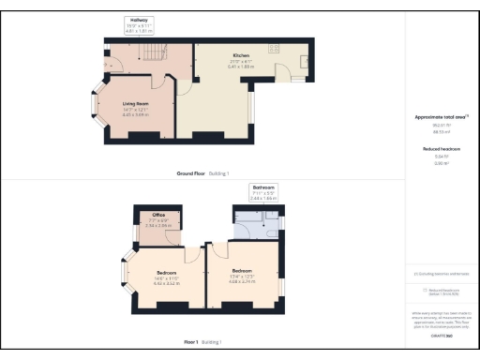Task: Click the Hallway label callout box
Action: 138,23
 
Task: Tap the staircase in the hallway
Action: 149,57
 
